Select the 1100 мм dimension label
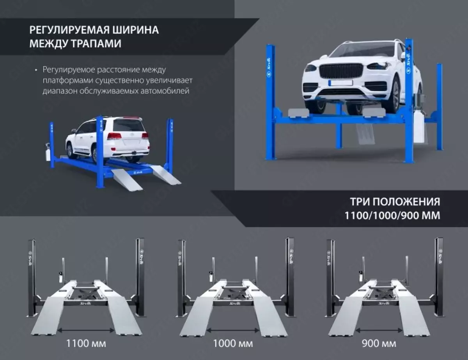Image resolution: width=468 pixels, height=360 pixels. (86, 343)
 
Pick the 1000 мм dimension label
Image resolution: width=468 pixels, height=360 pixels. (233, 343)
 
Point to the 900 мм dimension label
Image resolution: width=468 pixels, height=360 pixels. (379, 343)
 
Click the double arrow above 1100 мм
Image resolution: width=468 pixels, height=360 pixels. (86, 330)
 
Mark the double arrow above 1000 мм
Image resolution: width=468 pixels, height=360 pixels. (233, 330)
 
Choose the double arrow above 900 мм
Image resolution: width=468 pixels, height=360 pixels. (379, 330)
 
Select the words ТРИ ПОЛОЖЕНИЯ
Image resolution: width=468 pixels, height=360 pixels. (395, 202)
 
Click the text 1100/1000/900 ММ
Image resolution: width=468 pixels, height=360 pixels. (392, 215)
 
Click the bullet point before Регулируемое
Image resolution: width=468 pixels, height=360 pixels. (36, 70)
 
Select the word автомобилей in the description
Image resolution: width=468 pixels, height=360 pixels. (165, 91)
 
